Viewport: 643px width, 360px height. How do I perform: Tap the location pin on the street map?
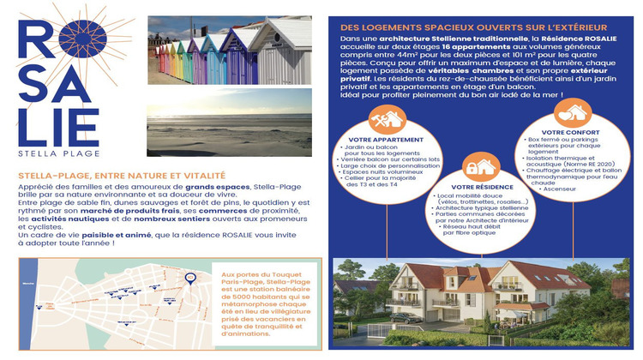tap(189, 278)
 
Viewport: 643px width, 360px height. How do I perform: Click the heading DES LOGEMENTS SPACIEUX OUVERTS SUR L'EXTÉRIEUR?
tap(473, 27)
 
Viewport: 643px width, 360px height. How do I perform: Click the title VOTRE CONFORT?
tap(566, 133)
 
